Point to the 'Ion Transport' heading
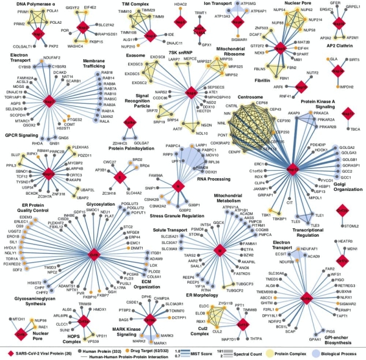pyautogui.click(x=224, y=4)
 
